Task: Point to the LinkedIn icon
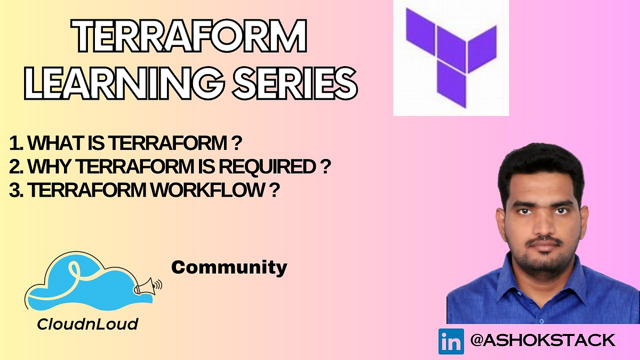coord(451,341)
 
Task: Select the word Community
coord(229,267)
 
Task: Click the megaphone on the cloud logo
coord(145,286)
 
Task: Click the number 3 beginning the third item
coord(14,191)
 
